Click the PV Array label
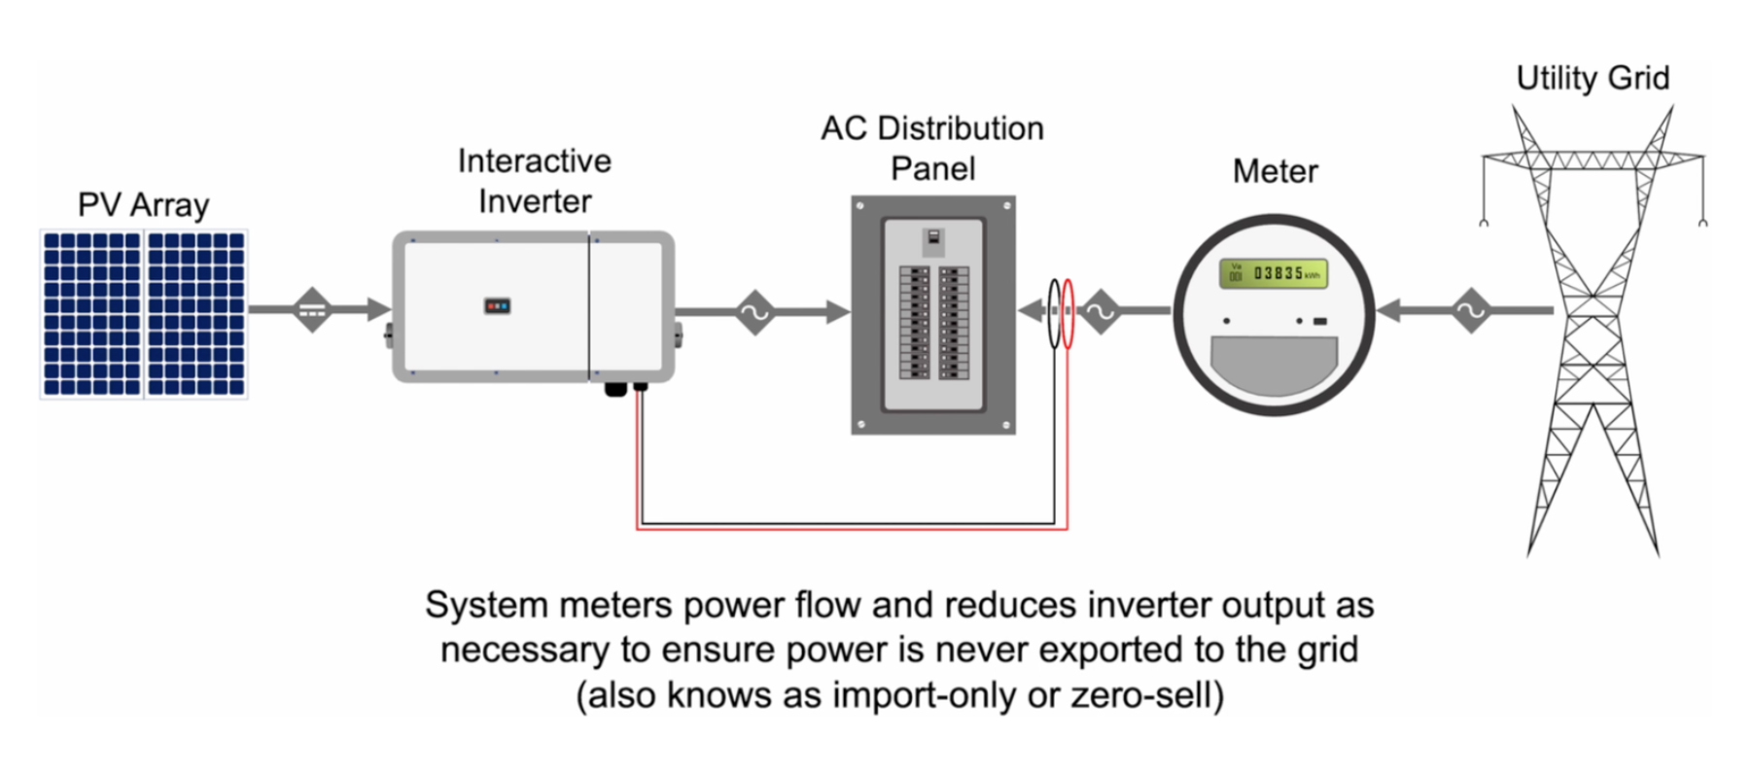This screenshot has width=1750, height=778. (143, 205)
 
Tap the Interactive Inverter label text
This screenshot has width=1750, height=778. (534, 181)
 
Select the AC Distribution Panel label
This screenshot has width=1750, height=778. (932, 148)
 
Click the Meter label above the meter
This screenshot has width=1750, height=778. (1275, 171)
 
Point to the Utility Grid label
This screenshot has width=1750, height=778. (1592, 78)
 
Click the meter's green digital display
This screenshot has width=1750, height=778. (1274, 274)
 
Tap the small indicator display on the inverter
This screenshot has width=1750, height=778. (497, 305)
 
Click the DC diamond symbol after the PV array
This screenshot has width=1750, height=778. (312, 310)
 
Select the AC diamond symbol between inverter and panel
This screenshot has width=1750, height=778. (754, 312)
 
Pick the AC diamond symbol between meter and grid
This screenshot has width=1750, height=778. (1470, 311)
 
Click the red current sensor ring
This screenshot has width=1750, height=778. (1067, 313)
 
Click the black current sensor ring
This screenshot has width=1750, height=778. (1054, 313)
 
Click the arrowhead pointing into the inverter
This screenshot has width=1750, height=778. (378, 310)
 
